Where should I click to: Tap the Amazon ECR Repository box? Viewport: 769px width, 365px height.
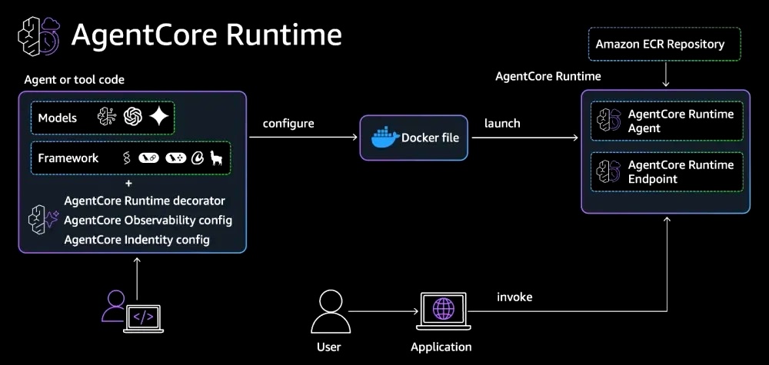(x=660, y=45)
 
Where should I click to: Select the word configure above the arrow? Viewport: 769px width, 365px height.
(x=288, y=123)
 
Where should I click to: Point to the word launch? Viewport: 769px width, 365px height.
(x=502, y=123)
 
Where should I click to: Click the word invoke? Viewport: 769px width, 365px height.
(x=514, y=297)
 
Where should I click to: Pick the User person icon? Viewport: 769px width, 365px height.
(x=328, y=312)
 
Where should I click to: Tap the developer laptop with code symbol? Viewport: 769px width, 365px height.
(x=143, y=317)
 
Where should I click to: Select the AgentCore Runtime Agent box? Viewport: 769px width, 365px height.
(x=667, y=121)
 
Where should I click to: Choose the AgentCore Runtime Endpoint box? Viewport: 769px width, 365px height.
(x=667, y=172)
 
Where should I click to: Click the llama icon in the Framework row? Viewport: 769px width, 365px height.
(x=217, y=158)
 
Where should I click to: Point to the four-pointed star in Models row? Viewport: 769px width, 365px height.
(x=159, y=117)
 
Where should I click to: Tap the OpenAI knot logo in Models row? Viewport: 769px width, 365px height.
(x=132, y=117)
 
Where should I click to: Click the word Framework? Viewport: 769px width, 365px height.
(x=68, y=158)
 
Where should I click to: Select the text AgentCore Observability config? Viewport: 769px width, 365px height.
(x=148, y=221)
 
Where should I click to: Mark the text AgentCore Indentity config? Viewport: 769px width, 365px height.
(x=138, y=240)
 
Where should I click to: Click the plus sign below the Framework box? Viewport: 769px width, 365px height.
(x=128, y=184)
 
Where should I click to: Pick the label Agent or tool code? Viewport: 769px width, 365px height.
(x=75, y=80)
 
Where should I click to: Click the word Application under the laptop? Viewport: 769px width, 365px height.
(x=441, y=347)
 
